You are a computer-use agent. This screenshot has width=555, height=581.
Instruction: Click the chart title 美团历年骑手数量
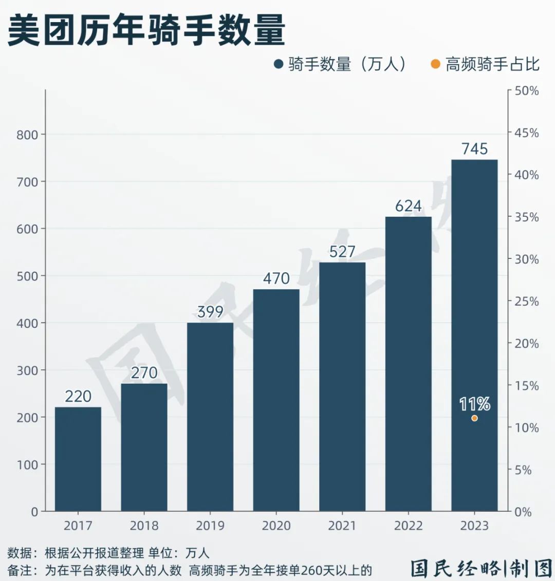[146, 30]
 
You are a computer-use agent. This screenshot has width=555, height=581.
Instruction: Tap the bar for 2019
[210, 417]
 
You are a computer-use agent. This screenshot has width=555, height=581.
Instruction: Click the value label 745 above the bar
[474, 149]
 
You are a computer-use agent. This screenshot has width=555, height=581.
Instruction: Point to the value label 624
[409, 206]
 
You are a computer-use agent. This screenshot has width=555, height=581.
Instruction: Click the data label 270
[144, 373]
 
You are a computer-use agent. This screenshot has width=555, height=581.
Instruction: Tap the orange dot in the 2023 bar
[474, 418]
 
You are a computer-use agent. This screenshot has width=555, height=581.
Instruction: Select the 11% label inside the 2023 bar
[474, 404]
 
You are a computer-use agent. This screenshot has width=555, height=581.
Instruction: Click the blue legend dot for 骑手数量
[279, 64]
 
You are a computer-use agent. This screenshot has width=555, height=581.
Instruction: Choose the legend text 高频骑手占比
[492, 64]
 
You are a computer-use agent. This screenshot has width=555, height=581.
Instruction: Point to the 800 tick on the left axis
[27, 135]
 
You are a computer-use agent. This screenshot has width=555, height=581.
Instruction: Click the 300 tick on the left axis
[27, 370]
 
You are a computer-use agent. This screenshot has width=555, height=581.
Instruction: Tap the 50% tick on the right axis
[527, 91]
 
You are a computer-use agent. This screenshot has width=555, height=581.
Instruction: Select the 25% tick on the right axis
[527, 302]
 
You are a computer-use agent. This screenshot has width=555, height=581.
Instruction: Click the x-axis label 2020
[276, 526]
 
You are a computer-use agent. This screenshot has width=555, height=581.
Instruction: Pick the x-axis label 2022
[409, 526]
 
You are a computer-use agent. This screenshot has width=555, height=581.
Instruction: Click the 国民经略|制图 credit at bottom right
[481, 568]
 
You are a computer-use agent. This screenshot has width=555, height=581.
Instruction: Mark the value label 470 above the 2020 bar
[276, 278]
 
